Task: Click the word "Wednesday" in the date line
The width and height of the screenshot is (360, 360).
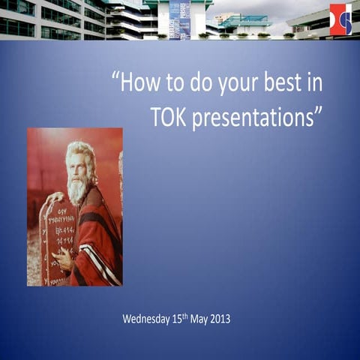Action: click(x=147, y=319)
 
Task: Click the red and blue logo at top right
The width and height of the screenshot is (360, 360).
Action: click(x=340, y=19)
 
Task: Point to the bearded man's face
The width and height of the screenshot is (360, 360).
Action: click(x=79, y=166)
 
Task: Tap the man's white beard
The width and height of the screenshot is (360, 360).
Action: click(x=77, y=187)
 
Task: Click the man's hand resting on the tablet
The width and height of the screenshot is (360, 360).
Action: click(x=63, y=259)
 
